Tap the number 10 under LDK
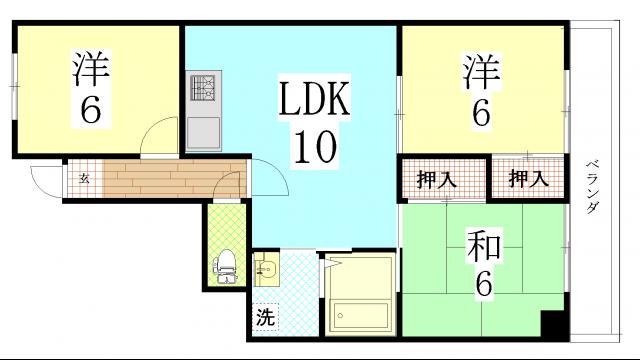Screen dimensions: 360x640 pyautogui.click(x=312, y=150)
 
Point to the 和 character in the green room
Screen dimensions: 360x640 pyautogui.click(x=483, y=245)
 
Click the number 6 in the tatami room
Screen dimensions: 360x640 pyautogui.click(x=483, y=285)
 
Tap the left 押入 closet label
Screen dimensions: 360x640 pyautogui.click(x=436, y=180)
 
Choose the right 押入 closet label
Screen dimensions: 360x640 pyautogui.click(x=528, y=180)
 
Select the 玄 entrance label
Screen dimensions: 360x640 pyautogui.click(x=84, y=179)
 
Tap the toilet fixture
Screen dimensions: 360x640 pyautogui.click(x=227, y=266)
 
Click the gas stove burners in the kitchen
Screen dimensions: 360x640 pyautogui.click(x=204, y=89)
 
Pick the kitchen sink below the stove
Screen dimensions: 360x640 pyautogui.click(x=204, y=130)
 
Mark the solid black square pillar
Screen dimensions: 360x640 pyautogui.click(x=551, y=325)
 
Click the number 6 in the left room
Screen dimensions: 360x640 pyautogui.click(x=91, y=110)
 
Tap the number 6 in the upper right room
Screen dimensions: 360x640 pyautogui.click(x=481, y=112)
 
